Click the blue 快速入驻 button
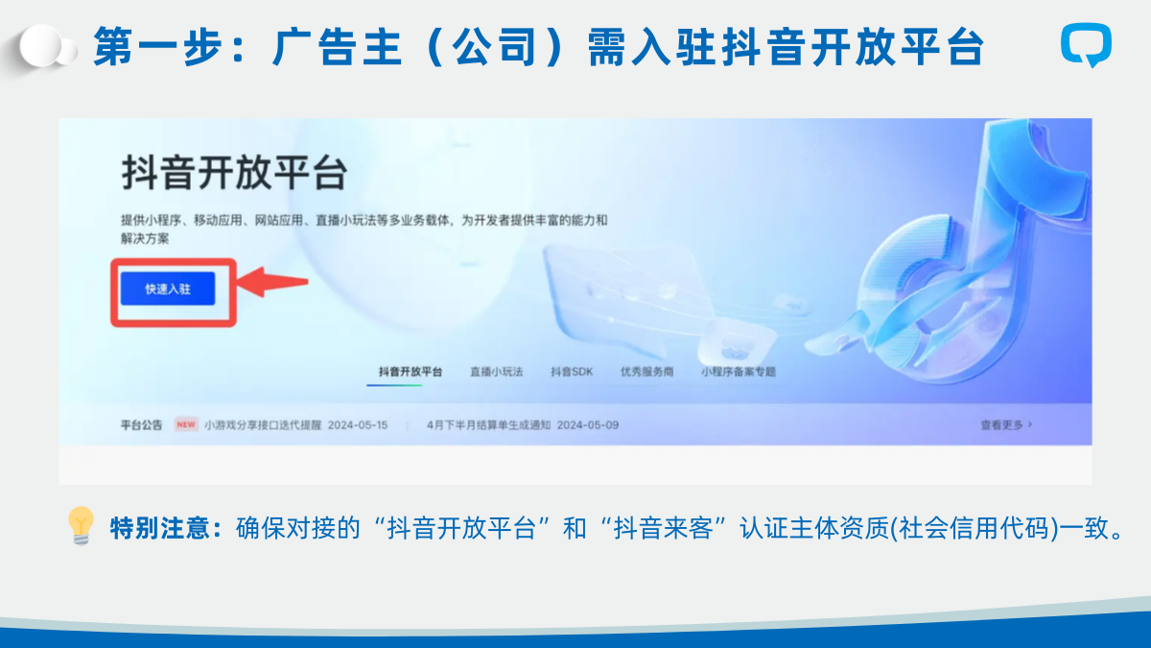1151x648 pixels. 168,289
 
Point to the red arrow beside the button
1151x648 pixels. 271,282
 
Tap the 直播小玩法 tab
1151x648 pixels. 497,372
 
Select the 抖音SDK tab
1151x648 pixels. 572,372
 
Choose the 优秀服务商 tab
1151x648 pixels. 646,372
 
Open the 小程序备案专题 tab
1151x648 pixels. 739,372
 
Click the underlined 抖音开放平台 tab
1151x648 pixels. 411,372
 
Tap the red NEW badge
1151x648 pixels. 186,424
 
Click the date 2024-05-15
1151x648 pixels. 358,425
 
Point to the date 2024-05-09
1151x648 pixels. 588,425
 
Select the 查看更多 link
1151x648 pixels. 1006,425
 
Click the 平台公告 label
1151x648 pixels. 141,425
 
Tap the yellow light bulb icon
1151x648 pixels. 82,526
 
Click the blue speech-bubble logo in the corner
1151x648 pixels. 1086,45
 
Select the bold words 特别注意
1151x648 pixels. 160,528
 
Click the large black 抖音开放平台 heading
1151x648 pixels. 234,173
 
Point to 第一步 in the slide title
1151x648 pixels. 160,47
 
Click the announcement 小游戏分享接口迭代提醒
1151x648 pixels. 263,425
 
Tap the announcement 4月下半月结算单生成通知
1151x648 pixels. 488,425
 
